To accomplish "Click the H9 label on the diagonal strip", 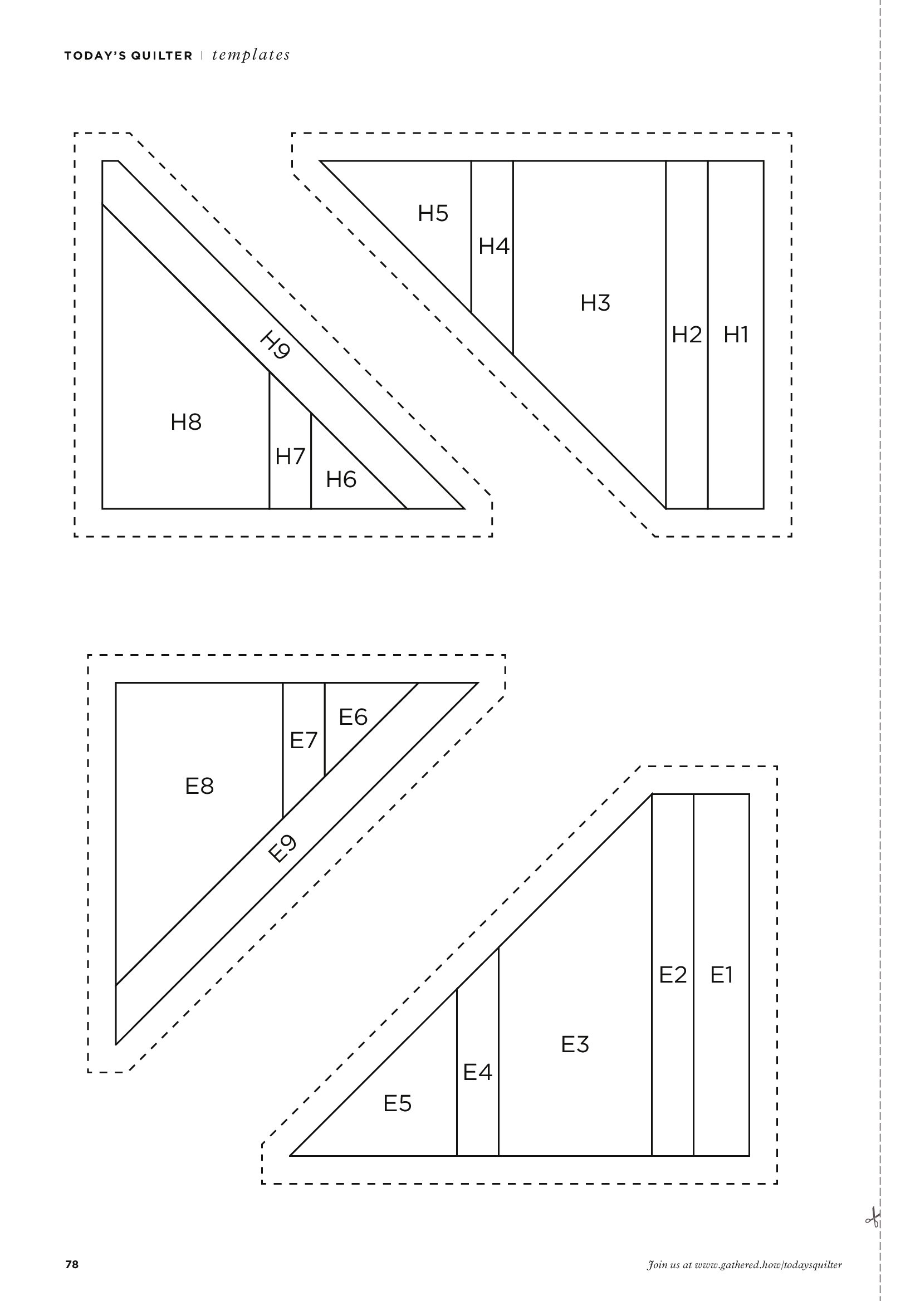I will coord(276,346).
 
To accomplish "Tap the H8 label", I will coord(186,422).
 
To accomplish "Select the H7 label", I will coord(290,456).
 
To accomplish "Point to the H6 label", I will coord(341,480).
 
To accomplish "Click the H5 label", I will coord(433,214).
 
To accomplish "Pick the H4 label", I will coord(494,247).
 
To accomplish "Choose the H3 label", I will coord(595,303).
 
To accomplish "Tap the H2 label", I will coord(687,335).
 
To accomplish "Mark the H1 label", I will coord(736,335).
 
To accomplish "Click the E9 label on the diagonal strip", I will coord(283,848).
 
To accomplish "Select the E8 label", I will coord(199,786).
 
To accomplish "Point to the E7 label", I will coord(304,740).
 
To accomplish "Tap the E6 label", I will coord(353,718).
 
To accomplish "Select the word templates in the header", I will coord(251,55).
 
